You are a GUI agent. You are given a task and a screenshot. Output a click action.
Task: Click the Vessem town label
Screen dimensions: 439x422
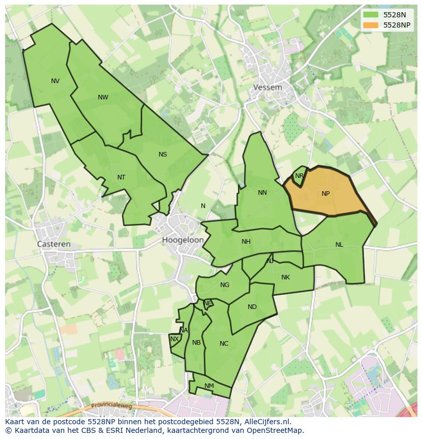pyautogui.click(x=268, y=87)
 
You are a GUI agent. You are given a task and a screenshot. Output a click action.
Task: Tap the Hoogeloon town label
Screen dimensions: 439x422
pyautogui.click(x=183, y=240)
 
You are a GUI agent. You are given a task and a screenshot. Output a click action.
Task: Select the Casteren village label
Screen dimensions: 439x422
pyautogui.click(x=54, y=244)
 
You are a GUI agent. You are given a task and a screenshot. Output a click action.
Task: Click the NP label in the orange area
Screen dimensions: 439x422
pyautogui.click(x=326, y=194)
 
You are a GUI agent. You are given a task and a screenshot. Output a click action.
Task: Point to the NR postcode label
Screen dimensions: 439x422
pyautogui.click(x=299, y=176)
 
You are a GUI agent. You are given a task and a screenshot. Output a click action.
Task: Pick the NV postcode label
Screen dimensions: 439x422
pyautogui.click(x=55, y=81)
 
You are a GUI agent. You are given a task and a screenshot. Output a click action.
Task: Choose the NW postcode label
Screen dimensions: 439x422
pyautogui.click(x=103, y=97)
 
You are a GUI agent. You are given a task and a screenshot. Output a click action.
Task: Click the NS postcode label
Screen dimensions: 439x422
pyautogui.click(x=163, y=154)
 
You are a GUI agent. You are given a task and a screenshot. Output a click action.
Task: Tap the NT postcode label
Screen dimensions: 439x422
pyautogui.click(x=121, y=177)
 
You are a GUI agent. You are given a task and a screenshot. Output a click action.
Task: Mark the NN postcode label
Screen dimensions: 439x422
pyautogui.click(x=262, y=193)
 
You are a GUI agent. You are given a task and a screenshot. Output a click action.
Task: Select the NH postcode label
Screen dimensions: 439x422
pyautogui.click(x=246, y=242)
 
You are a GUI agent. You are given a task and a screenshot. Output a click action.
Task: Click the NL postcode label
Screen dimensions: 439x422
pyautogui.click(x=339, y=245)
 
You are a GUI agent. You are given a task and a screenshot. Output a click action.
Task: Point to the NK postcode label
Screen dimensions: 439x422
pyautogui.click(x=285, y=277)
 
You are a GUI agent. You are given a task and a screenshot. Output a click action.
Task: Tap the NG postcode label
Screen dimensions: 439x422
pyautogui.click(x=225, y=285)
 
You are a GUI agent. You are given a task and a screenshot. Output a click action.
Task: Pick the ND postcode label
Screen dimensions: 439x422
pyautogui.click(x=252, y=307)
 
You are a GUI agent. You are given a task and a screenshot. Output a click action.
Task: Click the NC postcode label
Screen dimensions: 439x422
pyautogui.click(x=224, y=344)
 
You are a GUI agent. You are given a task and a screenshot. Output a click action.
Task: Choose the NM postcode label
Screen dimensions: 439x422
pyautogui.click(x=209, y=386)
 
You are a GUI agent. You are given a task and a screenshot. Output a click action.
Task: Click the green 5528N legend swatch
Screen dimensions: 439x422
pyautogui.click(x=370, y=15)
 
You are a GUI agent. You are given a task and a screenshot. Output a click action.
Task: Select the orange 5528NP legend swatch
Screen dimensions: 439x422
pyautogui.click(x=370, y=25)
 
